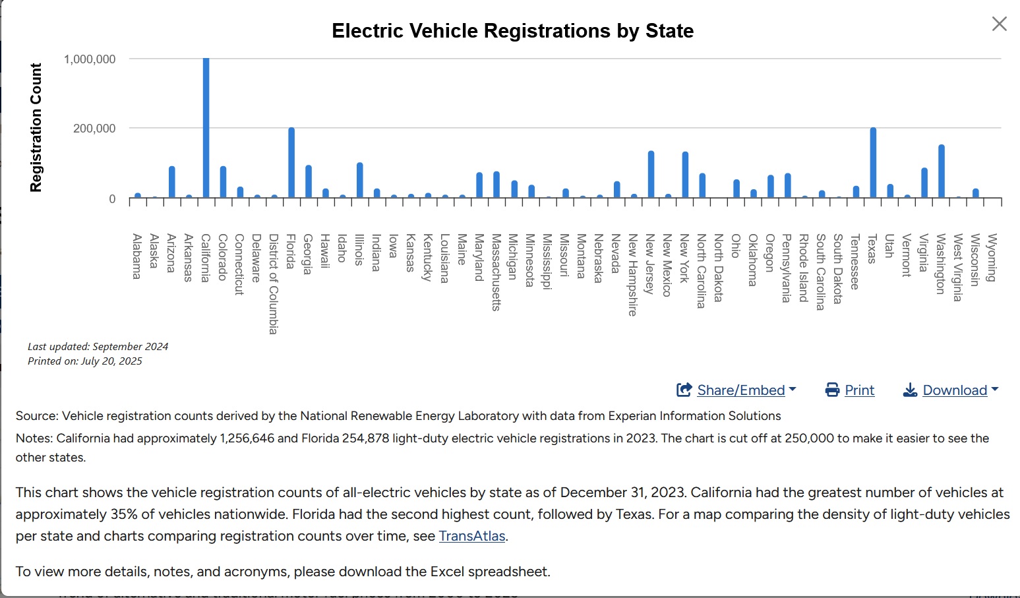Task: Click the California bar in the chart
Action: click(206, 128)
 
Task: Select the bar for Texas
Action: click(873, 163)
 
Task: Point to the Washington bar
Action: click(942, 171)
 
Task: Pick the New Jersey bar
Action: click(651, 175)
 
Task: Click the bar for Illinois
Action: click(360, 180)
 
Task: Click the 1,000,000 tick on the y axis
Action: click(90, 59)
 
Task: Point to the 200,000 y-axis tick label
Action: click(94, 129)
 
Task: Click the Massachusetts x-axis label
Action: click(496, 272)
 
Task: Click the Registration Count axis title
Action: click(36, 128)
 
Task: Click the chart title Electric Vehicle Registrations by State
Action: click(512, 31)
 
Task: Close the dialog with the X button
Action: click(999, 24)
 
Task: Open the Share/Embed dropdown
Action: click(736, 390)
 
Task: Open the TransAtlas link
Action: click(472, 536)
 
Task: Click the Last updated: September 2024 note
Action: click(98, 347)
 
